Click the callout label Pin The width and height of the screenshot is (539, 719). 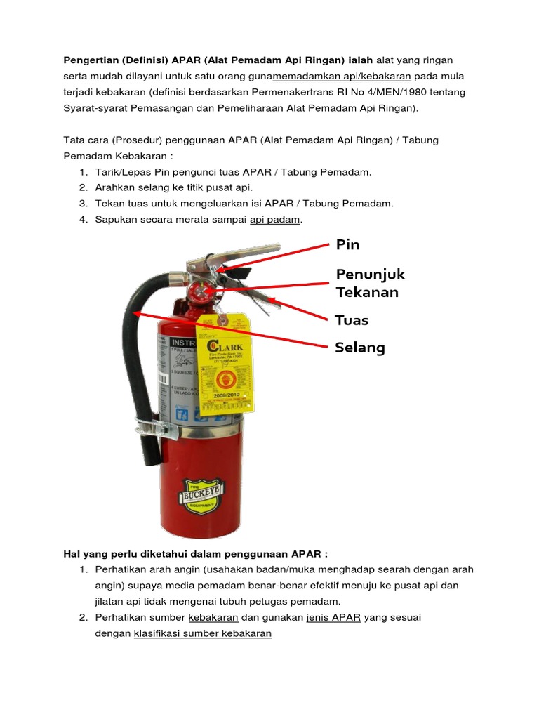point(347,244)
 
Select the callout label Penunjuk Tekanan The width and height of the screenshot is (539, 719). point(371,283)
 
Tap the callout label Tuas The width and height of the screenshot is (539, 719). point(352,320)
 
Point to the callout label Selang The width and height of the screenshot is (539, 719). point(360,348)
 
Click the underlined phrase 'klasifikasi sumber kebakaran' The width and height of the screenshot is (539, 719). point(202,633)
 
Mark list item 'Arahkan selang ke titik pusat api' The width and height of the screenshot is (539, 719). point(173,187)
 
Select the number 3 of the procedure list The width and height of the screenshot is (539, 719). point(82,204)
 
